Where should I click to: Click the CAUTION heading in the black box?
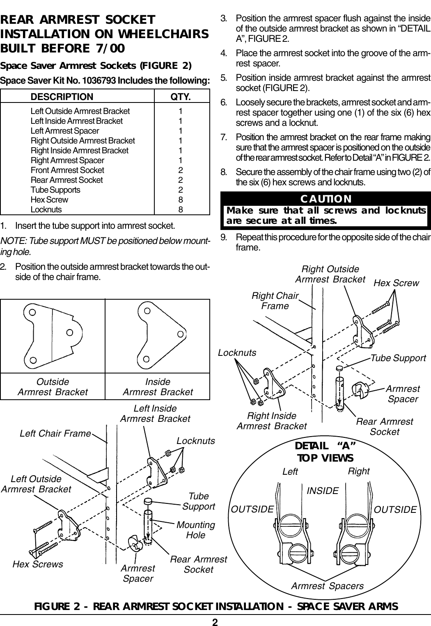click(326, 199)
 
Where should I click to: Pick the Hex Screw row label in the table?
click(49, 200)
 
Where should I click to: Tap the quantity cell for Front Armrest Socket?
click(181, 170)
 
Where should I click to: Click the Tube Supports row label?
click(55, 190)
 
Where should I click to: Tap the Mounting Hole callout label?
click(196, 530)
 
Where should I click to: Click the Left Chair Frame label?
click(55, 433)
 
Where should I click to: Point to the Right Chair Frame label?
click(275, 301)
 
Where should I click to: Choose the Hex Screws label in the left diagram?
click(38, 564)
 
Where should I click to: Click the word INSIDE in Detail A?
click(323, 490)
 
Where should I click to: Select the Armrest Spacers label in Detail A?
click(327, 586)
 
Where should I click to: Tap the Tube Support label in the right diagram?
click(398, 358)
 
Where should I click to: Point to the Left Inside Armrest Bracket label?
click(155, 414)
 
